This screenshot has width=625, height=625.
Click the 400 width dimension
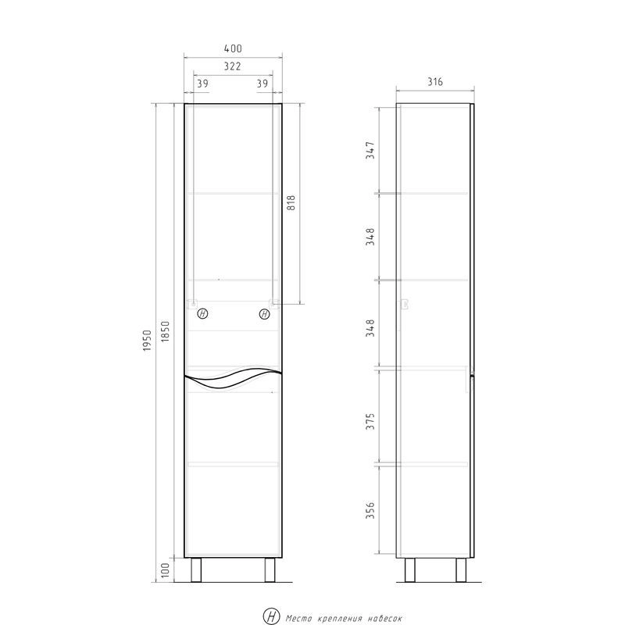(x=233, y=48)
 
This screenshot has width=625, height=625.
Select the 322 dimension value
(x=232, y=66)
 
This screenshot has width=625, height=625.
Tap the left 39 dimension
(x=202, y=84)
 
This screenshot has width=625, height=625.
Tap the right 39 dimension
(x=262, y=84)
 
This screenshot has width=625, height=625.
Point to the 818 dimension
(x=291, y=203)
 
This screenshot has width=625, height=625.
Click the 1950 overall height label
(x=148, y=341)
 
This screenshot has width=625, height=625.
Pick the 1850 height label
(x=166, y=331)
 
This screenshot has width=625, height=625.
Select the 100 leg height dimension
(x=166, y=570)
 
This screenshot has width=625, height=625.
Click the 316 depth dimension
(x=435, y=82)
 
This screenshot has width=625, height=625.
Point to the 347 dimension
(x=370, y=150)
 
